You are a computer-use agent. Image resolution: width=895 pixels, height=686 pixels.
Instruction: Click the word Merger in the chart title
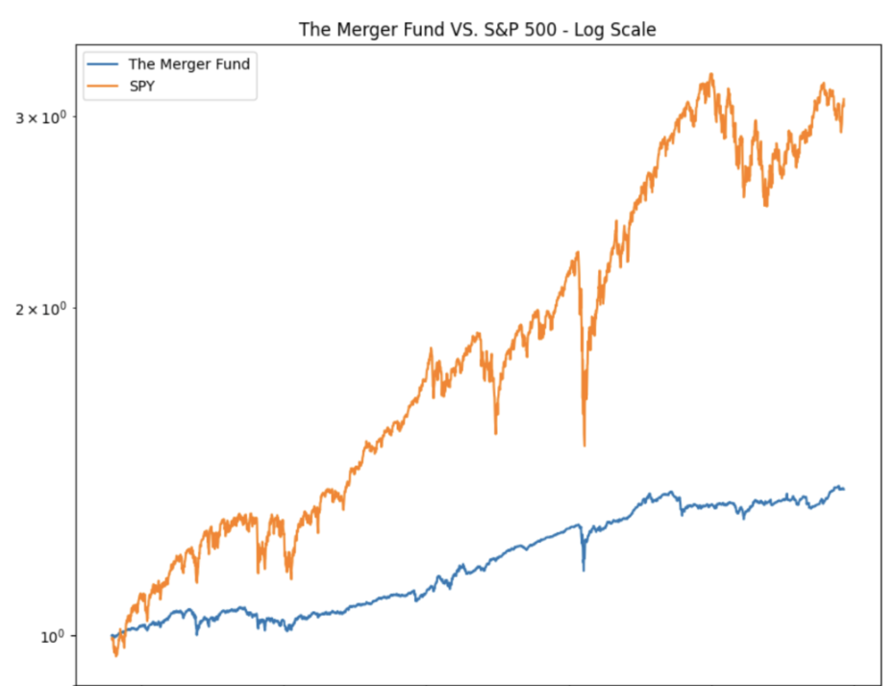pos(361,30)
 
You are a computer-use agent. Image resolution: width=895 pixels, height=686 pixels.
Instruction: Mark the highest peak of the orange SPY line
pos(710,74)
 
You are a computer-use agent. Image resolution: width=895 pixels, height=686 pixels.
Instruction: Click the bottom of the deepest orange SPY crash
pos(584,445)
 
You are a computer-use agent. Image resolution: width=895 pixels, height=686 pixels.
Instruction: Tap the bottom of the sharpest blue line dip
pos(584,571)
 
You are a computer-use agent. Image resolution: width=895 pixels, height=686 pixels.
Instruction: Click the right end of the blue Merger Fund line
pos(843,489)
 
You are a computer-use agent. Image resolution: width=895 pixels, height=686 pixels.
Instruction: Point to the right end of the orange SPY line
pos(843,100)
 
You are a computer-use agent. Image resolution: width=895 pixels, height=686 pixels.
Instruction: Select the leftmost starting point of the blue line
pos(112,635)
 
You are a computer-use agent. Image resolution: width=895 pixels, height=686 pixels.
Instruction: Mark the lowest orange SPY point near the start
pos(116,655)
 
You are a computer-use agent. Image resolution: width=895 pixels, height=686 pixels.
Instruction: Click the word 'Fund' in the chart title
pos(412,30)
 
